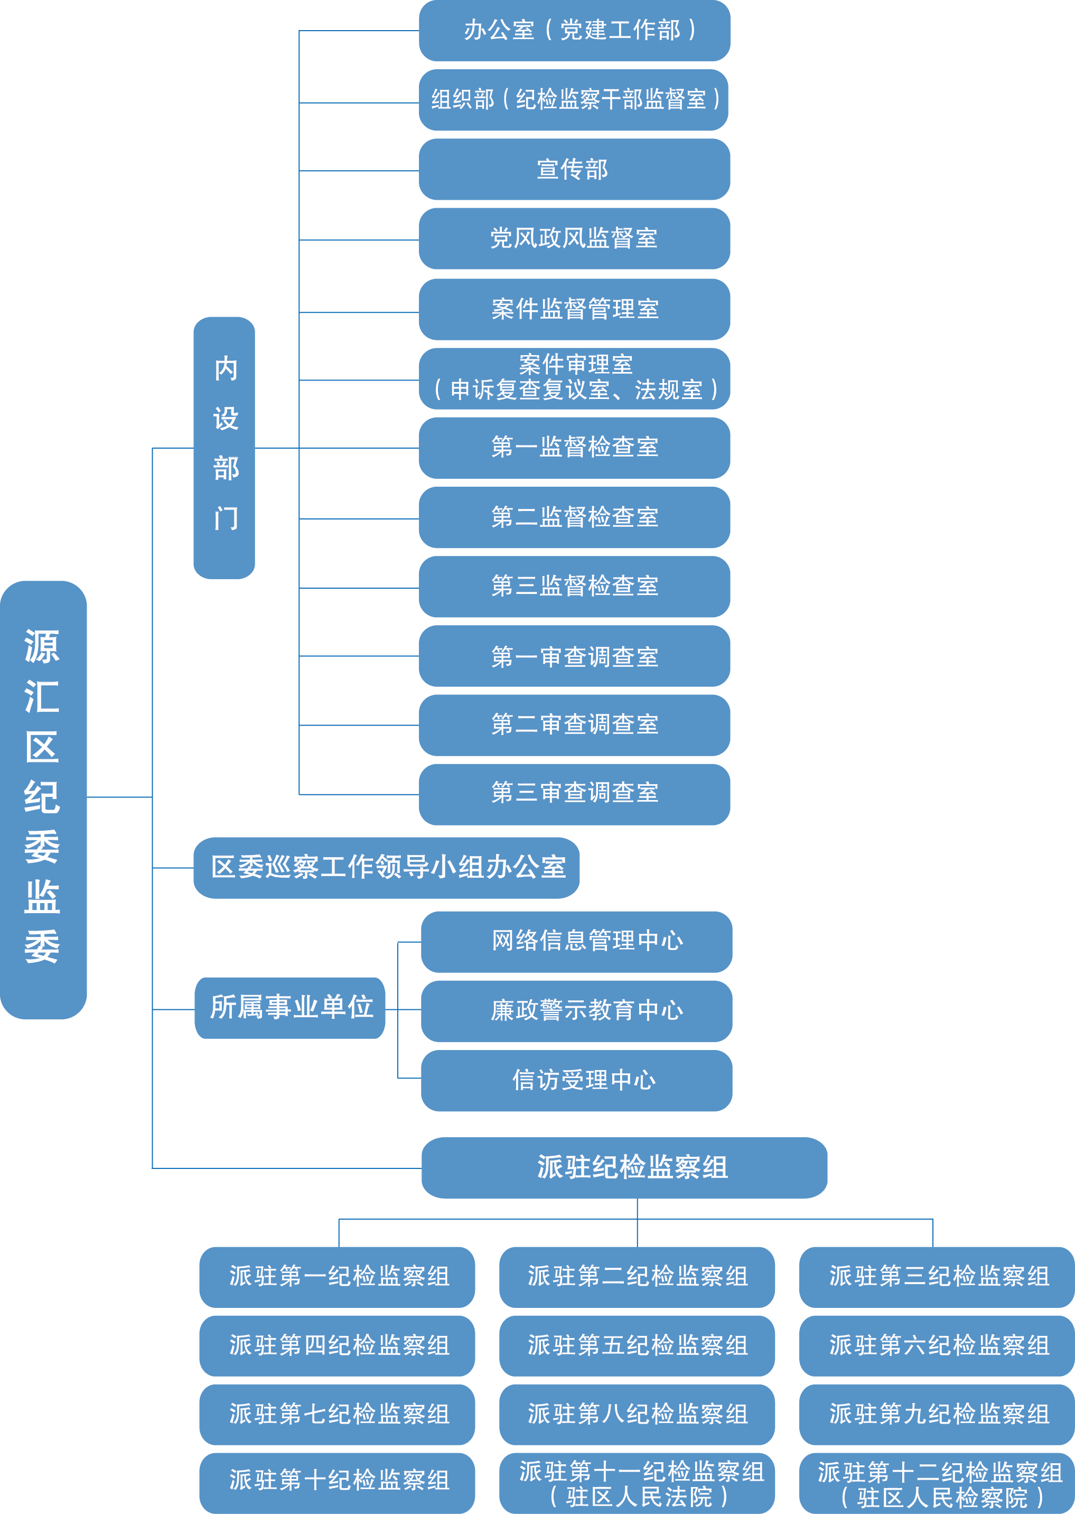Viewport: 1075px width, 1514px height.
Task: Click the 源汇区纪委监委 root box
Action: coord(43,800)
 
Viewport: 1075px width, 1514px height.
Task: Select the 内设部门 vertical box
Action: coord(224,448)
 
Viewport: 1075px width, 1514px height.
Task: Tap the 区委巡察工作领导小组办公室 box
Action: coord(386,867)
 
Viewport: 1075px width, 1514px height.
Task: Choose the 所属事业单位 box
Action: coord(290,1008)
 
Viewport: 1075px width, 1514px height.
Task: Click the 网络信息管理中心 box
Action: coord(576,941)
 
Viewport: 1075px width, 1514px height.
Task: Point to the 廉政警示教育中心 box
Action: coord(576,1011)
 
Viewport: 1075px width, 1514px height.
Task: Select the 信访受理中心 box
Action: coord(576,1080)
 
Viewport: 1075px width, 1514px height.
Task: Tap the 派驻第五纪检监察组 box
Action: coord(637,1345)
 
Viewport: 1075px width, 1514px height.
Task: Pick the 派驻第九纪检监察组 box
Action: coord(937,1414)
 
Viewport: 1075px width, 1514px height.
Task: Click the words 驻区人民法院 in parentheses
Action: coord(639,1496)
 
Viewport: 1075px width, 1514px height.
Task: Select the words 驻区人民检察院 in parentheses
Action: coord(941,1497)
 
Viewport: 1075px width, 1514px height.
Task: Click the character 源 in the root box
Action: coord(42,646)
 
